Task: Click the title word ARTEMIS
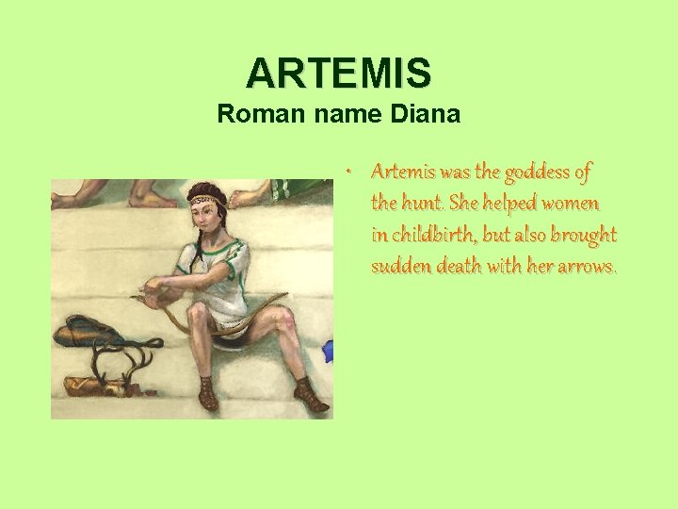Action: [339, 72]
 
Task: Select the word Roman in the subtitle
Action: [253, 115]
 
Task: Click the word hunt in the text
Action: [420, 203]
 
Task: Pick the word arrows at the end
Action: [587, 266]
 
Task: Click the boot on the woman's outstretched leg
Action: [310, 396]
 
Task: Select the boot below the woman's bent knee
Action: [208, 394]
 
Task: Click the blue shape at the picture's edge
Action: [328, 352]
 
